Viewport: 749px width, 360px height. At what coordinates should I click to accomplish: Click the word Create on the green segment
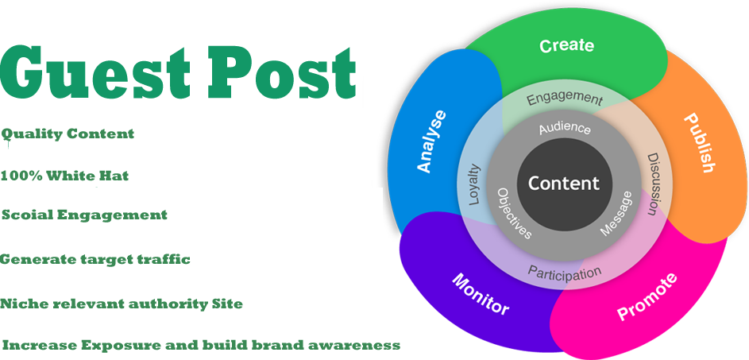tap(566, 45)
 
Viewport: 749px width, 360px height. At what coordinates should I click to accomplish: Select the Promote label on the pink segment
tap(647, 296)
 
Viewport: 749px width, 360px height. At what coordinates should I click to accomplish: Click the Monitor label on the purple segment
tap(481, 294)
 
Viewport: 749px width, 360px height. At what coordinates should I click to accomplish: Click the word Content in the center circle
tap(564, 184)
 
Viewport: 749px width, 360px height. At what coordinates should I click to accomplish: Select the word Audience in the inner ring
tap(565, 128)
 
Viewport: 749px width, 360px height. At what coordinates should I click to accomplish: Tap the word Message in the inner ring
tap(616, 213)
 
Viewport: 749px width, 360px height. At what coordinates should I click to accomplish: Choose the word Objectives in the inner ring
tap(514, 214)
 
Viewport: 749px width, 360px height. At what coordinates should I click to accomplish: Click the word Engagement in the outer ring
tap(565, 99)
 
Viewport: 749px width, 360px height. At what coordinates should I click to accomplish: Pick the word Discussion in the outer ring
tap(651, 184)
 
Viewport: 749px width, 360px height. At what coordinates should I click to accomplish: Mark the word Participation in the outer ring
tap(565, 273)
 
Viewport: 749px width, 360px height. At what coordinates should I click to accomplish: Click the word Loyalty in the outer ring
tap(474, 185)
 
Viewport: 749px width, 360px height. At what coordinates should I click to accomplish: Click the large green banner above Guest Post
tap(178, 73)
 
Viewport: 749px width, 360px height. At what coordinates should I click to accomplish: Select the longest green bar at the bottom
tap(201, 346)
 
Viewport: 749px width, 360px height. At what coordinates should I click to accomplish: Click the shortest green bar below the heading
tap(84, 215)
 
